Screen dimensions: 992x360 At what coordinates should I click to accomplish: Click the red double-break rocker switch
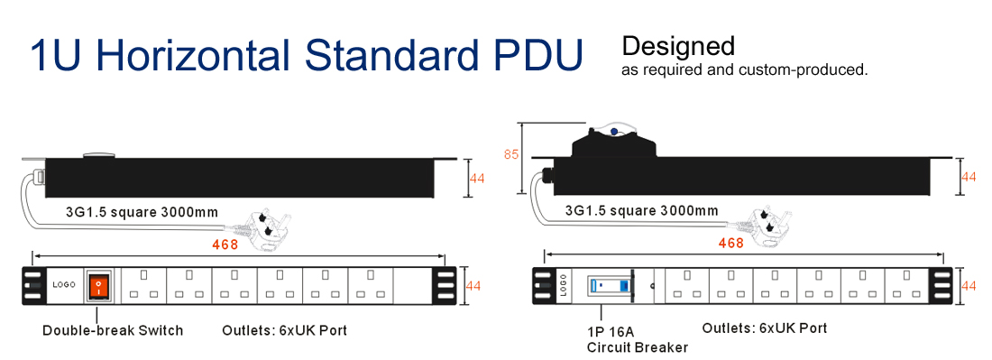click(98, 286)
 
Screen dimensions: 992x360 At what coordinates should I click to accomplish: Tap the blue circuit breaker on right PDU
click(611, 285)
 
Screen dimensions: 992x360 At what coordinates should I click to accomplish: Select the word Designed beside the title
click(678, 46)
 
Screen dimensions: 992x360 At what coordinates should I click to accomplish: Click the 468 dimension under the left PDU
click(225, 245)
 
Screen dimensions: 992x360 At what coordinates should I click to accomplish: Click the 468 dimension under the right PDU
click(731, 243)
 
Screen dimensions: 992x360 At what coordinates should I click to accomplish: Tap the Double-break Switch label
click(113, 330)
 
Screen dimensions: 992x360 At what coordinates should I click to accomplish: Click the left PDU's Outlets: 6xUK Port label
click(285, 330)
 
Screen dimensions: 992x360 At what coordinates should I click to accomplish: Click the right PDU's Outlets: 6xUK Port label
click(764, 328)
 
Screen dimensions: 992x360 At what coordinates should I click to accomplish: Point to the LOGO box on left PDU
click(64, 285)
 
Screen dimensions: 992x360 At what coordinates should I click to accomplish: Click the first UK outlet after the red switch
click(143, 286)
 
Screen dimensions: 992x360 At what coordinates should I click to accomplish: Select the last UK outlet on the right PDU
click(907, 286)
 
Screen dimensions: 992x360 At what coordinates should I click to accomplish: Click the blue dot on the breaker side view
click(613, 133)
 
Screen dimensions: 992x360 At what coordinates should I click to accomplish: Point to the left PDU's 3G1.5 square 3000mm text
click(142, 212)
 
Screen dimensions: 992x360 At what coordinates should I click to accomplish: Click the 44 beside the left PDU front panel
click(473, 286)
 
